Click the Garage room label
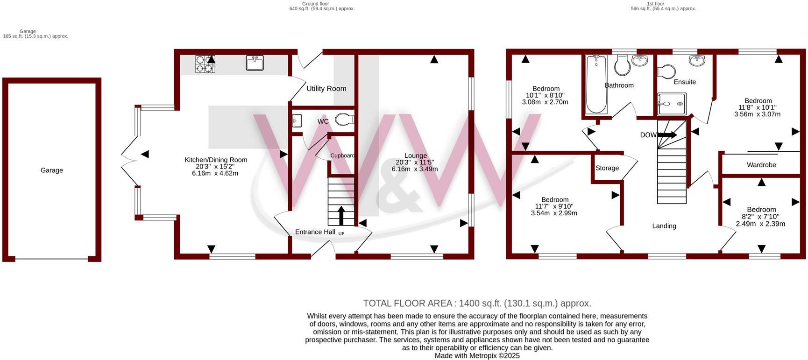coord(51,170)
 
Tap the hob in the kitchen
coord(205,64)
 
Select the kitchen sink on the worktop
coord(255,63)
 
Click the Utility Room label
coord(326,88)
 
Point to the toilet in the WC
coord(344,120)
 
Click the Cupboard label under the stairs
coord(342,155)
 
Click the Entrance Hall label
coord(315,232)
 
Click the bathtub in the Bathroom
coord(596,84)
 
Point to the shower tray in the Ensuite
coord(671,103)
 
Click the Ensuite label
coord(685,82)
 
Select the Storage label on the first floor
coord(607,168)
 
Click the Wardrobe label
coord(761,165)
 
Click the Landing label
coord(664,226)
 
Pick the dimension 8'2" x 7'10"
coord(761,217)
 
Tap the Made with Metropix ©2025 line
coord(477,356)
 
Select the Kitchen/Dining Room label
coord(215,160)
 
